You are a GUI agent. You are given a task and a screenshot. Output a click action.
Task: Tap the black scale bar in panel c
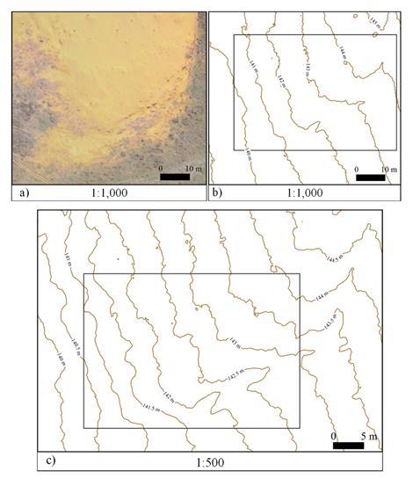pos(348,446)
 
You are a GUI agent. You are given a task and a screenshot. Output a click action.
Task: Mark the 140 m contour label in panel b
pos(247,155)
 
